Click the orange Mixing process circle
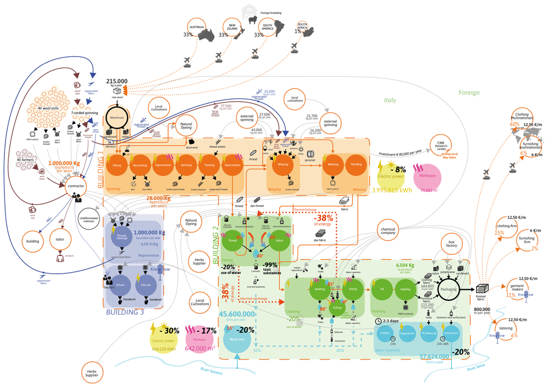[117, 165]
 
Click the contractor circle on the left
[76, 187]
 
